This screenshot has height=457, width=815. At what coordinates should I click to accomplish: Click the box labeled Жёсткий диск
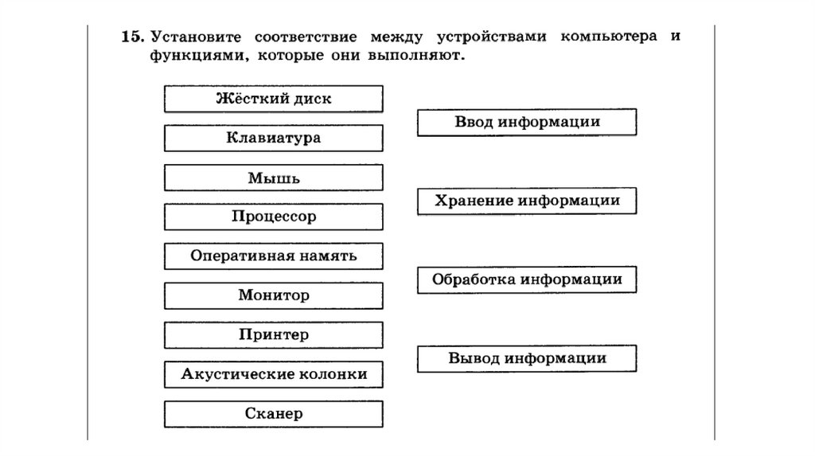coord(274,99)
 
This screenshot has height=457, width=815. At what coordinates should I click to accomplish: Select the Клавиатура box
coord(274,138)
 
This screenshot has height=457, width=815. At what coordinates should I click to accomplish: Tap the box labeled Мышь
coord(274,178)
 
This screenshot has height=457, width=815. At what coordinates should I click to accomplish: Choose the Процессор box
coord(274,217)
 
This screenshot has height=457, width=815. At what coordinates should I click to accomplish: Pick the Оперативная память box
coord(274,256)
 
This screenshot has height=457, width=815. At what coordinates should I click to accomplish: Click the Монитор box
coord(274,295)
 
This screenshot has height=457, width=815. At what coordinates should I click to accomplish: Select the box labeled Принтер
coord(274,335)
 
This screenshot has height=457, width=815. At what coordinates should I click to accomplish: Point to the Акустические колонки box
coord(274,374)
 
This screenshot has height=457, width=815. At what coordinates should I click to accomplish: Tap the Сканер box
coord(274,414)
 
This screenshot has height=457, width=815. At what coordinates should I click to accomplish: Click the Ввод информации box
coord(527,123)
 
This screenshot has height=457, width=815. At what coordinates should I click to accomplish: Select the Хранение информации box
coord(527,201)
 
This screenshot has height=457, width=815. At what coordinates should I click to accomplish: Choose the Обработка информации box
coord(527,279)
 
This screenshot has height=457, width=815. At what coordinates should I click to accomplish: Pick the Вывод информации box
coord(527,358)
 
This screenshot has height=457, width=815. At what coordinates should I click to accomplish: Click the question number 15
coord(132,37)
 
